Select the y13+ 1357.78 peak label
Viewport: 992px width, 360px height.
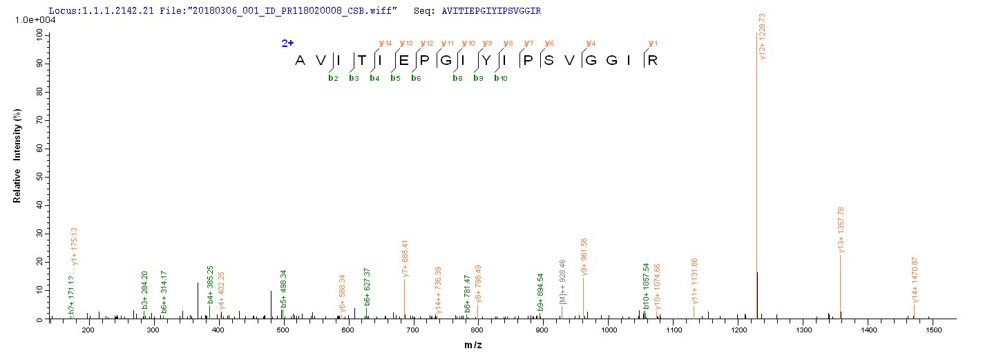coord(841,229)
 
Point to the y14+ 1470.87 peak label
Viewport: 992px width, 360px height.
coord(915,279)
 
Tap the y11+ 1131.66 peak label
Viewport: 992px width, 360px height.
coord(694,281)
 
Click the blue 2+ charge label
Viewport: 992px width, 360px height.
coord(287,44)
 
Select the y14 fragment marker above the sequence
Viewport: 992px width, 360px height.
coord(385,44)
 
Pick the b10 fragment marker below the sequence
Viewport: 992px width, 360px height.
coord(500,78)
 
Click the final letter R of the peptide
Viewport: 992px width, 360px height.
coord(651,61)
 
